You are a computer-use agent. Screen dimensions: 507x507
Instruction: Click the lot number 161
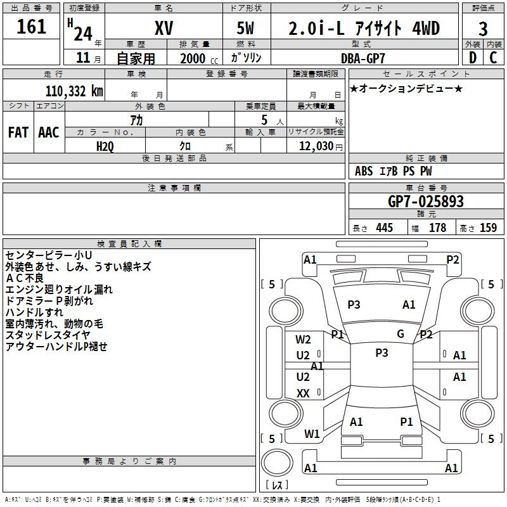tap(31, 27)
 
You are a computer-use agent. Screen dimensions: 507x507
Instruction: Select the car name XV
tap(164, 28)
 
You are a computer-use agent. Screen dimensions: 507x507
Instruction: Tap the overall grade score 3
tap(483, 29)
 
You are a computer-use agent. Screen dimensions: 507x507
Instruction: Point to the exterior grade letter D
tap(473, 58)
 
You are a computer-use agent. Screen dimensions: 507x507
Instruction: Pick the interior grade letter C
tap(493, 58)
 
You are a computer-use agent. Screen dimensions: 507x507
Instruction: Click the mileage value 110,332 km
tap(74, 91)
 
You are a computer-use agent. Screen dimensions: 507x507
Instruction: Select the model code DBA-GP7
tap(363, 58)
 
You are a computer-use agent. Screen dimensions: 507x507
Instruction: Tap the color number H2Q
tap(105, 146)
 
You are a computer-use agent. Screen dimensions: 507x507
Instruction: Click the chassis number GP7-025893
tap(425, 202)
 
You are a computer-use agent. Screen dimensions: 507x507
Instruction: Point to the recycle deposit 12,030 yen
tap(321, 146)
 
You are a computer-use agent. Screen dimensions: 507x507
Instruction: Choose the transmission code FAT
tap(18, 132)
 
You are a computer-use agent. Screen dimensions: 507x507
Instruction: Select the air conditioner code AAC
tap(49, 132)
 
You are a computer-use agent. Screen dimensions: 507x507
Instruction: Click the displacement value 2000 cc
tap(199, 59)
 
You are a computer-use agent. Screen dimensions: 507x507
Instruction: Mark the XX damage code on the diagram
tap(303, 393)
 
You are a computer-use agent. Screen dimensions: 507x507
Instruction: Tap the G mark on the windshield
tap(401, 334)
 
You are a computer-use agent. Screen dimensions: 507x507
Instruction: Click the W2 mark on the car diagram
tap(303, 340)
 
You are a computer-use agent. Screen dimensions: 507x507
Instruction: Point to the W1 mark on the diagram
tap(312, 434)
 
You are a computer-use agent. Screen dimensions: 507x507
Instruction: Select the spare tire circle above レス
tap(277, 463)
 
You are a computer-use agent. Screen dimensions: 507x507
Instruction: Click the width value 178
tap(437, 228)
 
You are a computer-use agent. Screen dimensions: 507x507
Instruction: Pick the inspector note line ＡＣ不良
tap(25, 278)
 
